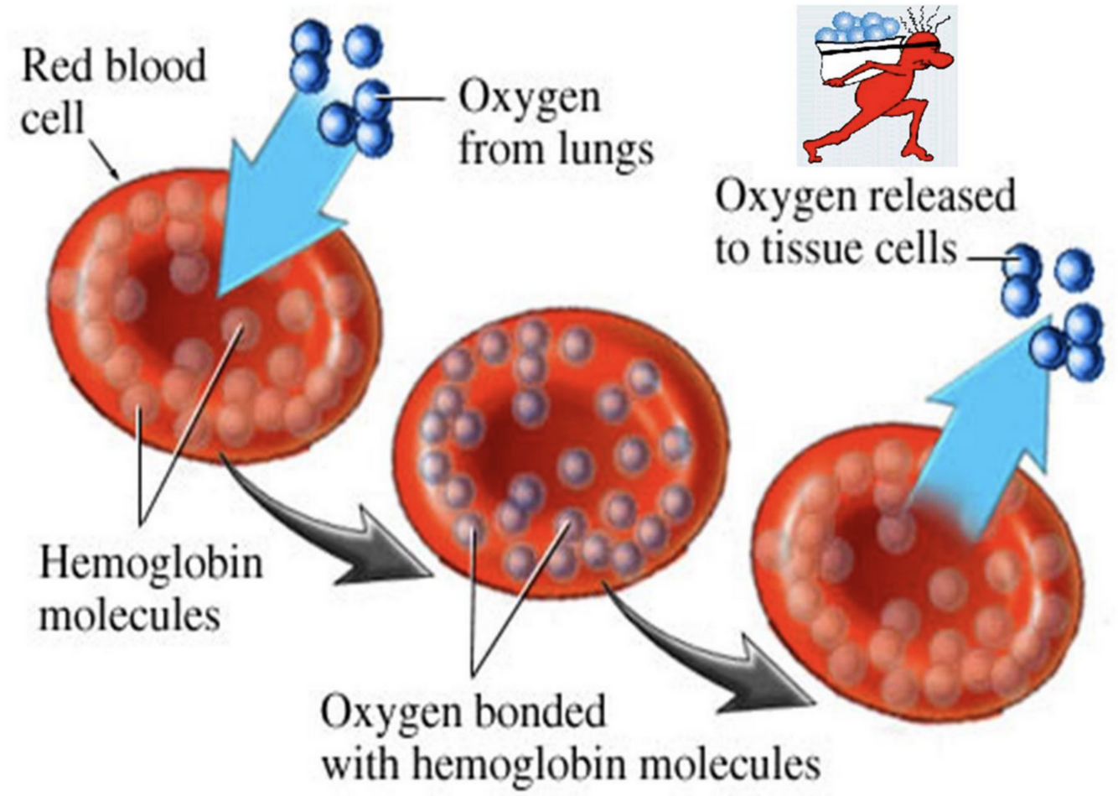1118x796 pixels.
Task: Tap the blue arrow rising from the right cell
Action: coord(989,436)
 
